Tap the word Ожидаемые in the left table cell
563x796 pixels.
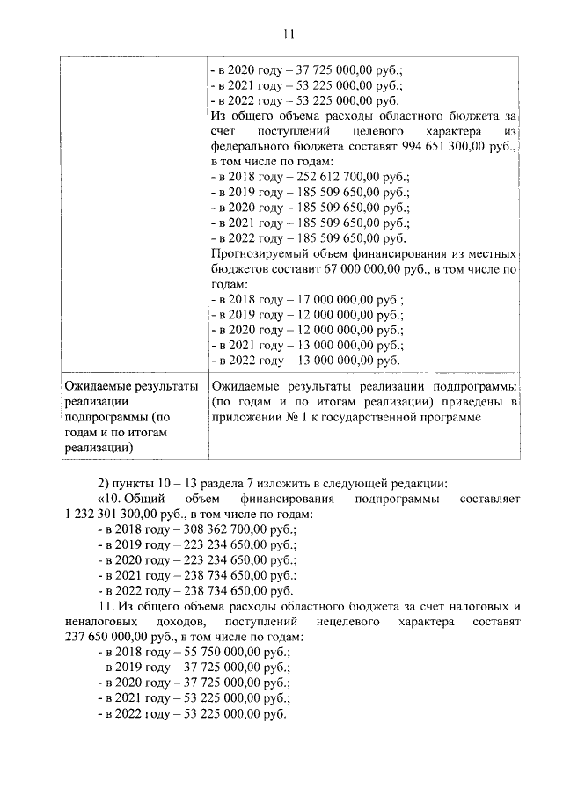[x=94, y=386]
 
